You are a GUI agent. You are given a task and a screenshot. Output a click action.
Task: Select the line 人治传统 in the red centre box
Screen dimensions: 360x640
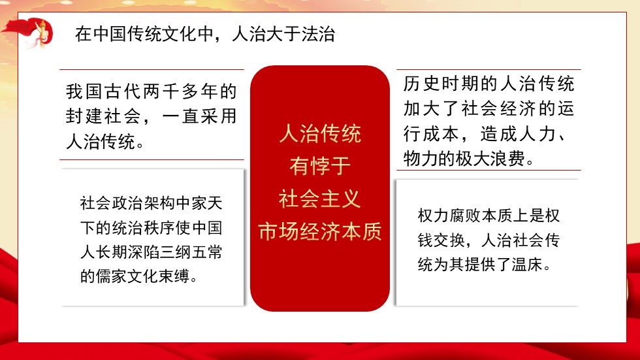tap(320, 135)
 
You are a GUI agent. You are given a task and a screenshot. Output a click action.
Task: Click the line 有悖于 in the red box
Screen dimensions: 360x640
tap(320, 167)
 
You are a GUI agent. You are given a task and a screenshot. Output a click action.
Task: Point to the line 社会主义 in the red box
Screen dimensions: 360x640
tap(320, 199)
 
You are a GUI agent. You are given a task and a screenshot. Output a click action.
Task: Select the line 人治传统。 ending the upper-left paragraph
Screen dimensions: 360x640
tap(104, 142)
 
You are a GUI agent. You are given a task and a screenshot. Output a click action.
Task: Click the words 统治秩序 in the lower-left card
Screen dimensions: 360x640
tap(144, 228)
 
